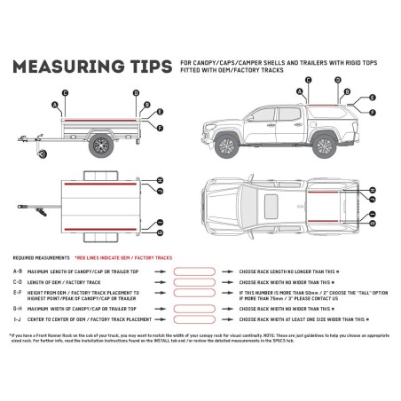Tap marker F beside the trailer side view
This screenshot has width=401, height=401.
[x=161, y=129]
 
